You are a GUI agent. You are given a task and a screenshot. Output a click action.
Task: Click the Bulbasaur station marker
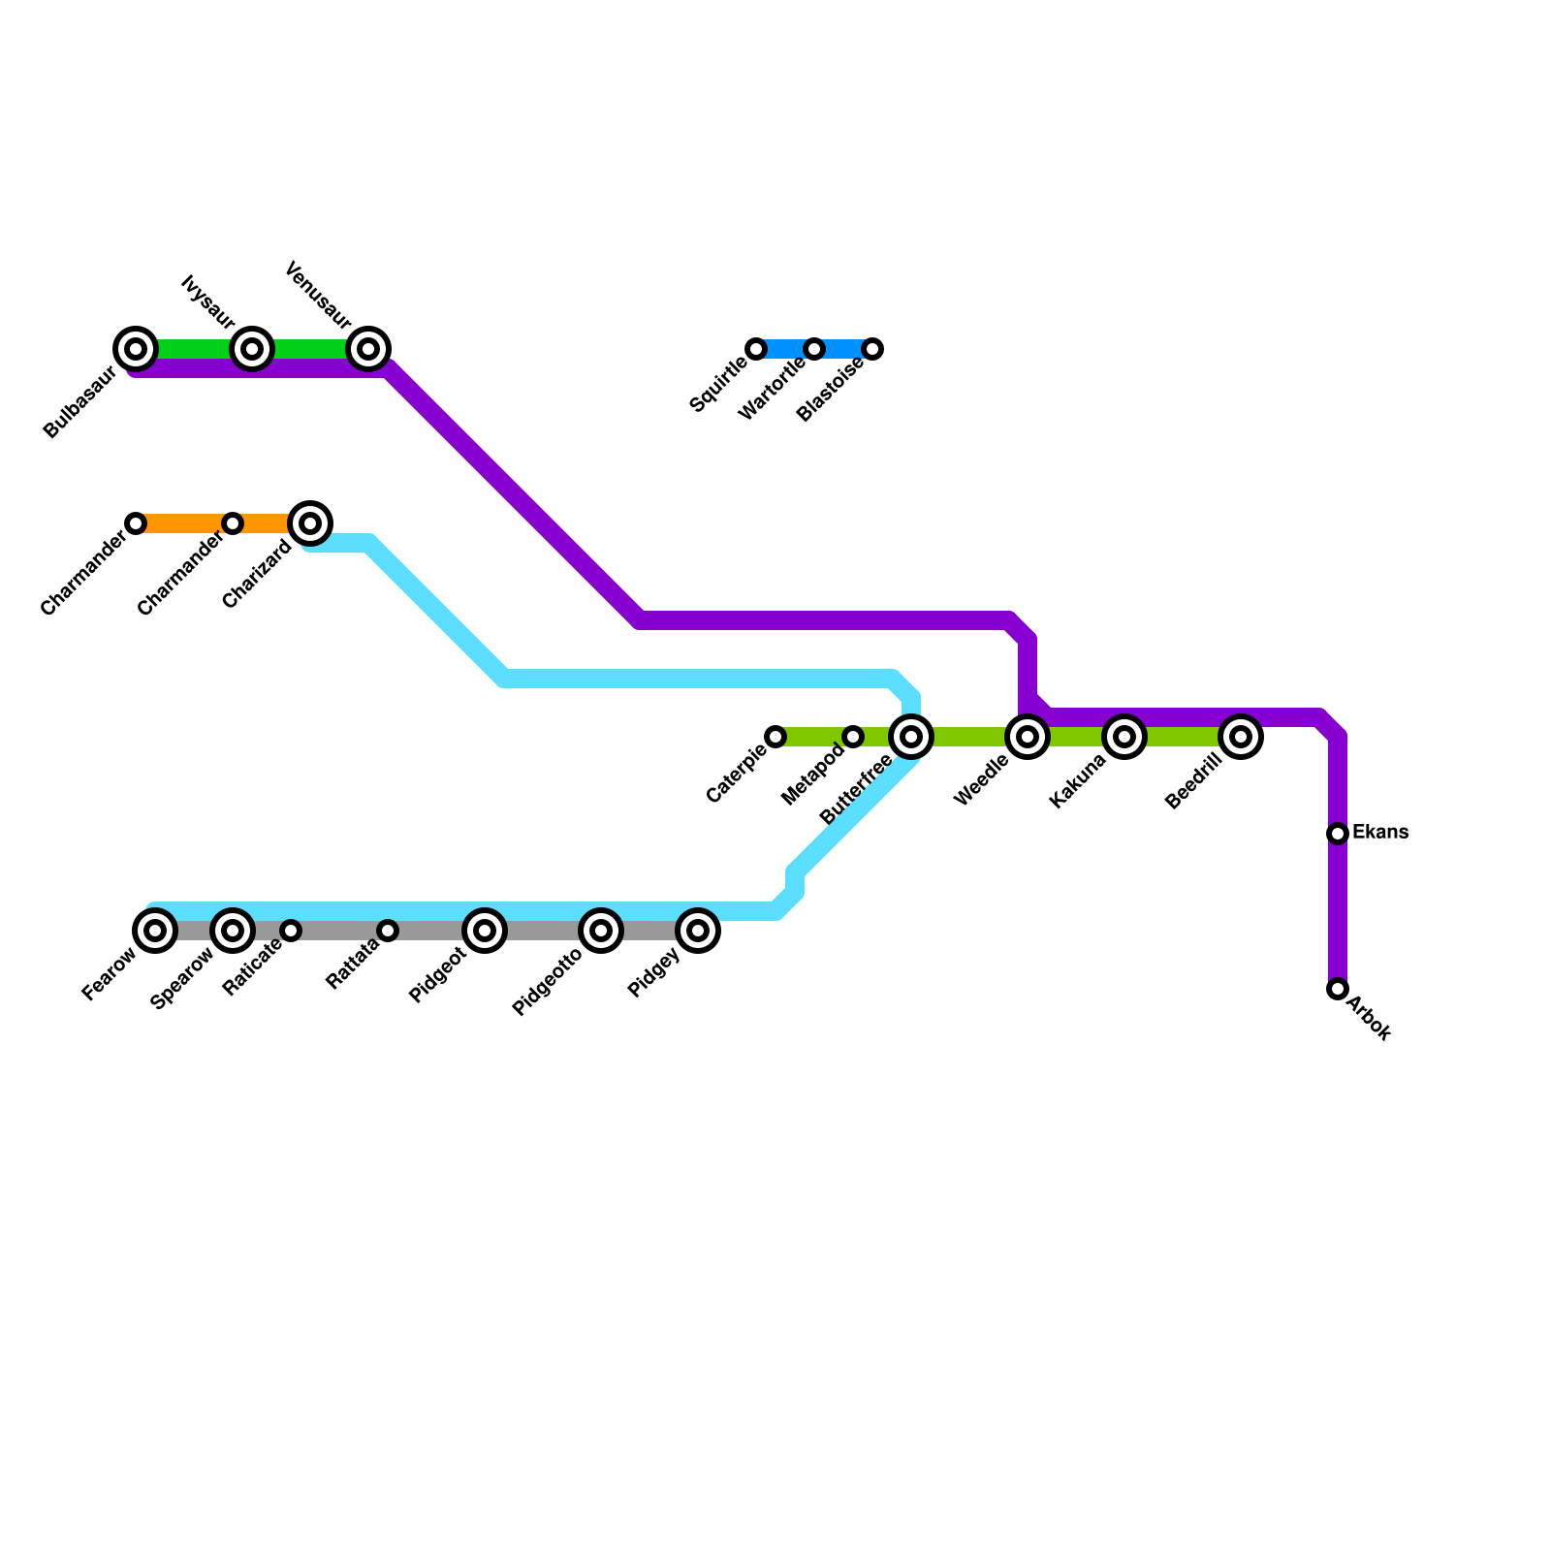[x=136, y=349]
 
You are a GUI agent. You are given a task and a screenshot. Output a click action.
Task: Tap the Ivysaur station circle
[x=252, y=349]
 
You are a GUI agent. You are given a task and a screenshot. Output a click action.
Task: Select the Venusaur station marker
[x=368, y=349]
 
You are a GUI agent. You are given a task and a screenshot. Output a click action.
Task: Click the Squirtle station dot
[x=756, y=349]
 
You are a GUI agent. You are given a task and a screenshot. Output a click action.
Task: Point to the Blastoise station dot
[x=872, y=349]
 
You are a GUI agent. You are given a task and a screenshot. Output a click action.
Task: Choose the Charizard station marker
[x=310, y=523]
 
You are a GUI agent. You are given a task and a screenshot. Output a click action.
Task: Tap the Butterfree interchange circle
[x=911, y=737]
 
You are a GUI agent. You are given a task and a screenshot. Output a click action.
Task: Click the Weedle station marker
[x=1028, y=737]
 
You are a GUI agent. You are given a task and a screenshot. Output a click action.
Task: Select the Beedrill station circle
[x=1241, y=737]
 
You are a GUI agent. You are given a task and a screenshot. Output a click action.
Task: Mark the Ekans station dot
[x=1338, y=834]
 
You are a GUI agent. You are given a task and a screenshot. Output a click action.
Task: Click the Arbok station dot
[x=1338, y=989]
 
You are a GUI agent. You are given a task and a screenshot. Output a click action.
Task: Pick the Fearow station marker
[x=155, y=931]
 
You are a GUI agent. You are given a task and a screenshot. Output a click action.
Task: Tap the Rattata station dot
[x=388, y=931]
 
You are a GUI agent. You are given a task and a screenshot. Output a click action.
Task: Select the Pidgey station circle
[x=698, y=931]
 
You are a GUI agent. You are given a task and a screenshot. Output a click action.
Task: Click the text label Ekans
[x=1379, y=833]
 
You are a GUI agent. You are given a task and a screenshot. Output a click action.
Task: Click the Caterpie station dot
[x=775, y=737]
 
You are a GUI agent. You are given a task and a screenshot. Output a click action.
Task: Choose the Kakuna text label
[x=1078, y=780]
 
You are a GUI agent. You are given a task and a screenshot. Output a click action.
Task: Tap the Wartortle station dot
[x=814, y=349]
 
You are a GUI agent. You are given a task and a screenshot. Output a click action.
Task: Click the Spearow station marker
[x=233, y=931]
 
